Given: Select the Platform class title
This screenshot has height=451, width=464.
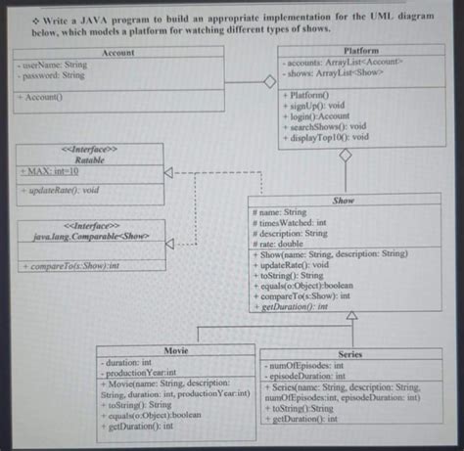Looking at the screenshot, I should click(361, 50).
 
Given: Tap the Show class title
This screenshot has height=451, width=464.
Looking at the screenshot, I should click(345, 200).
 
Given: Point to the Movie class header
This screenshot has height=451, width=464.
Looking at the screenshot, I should click(176, 349).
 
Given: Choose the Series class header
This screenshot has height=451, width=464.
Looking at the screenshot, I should click(348, 354).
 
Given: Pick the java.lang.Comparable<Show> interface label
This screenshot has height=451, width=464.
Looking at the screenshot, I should click(90, 236).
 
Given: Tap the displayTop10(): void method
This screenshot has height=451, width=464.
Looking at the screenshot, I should click(330, 137).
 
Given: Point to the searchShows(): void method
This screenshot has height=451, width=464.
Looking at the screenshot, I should click(329, 126).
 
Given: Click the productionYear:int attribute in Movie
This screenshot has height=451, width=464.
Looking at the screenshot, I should click(141, 373).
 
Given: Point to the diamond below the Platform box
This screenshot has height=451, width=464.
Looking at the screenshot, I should click(345, 155).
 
